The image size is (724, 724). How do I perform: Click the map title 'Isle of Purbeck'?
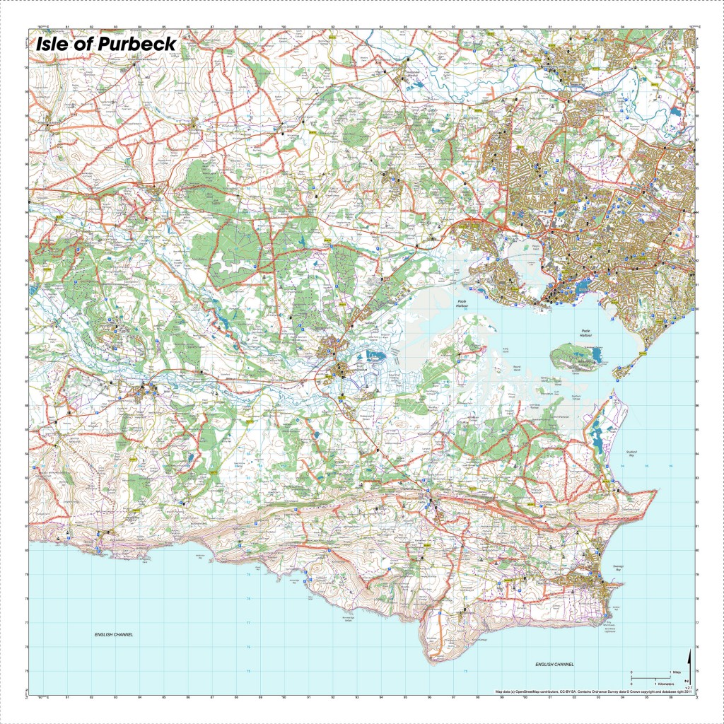pyautogui.click(x=106, y=44)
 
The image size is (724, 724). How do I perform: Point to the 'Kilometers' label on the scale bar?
pyautogui.click(x=665, y=684)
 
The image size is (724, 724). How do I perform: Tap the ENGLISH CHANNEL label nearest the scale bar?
pyautogui.click(x=554, y=665)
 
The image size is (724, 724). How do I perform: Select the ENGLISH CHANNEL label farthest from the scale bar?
pyautogui.click(x=114, y=635)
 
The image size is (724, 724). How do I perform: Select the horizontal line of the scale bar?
pyautogui.click(x=650, y=678)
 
